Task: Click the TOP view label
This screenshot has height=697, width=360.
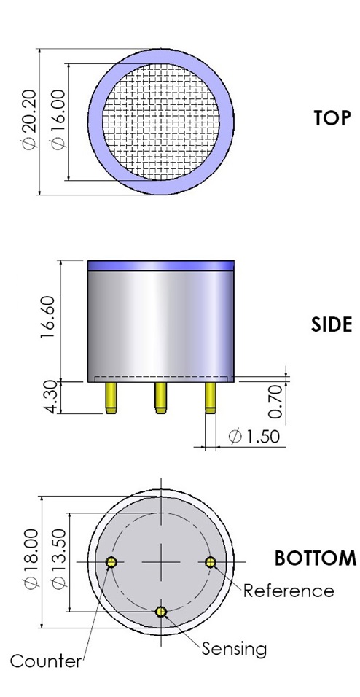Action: (332, 118)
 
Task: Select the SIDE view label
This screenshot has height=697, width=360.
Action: (332, 324)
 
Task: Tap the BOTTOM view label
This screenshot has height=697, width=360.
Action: (315, 559)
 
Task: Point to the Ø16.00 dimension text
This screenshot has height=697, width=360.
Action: (58, 122)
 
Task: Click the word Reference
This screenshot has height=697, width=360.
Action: (289, 591)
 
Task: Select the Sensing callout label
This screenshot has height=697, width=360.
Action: (234, 648)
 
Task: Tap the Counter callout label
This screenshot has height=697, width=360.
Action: (45, 662)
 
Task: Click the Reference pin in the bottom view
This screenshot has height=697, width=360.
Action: (210, 561)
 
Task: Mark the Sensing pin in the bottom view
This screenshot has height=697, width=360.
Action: (161, 611)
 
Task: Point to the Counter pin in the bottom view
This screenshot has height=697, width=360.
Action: (111, 561)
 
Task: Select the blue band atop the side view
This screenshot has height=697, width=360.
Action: (160, 266)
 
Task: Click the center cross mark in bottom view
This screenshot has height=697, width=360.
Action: (161, 561)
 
